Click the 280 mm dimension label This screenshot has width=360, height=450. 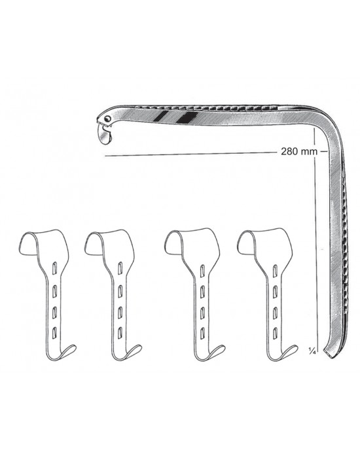(299, 151)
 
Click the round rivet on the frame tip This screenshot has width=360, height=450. (108, 118)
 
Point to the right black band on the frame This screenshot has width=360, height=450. (187, 117)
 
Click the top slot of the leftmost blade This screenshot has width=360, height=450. (54, 268)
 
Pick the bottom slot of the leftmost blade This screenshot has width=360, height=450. (54, 332)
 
